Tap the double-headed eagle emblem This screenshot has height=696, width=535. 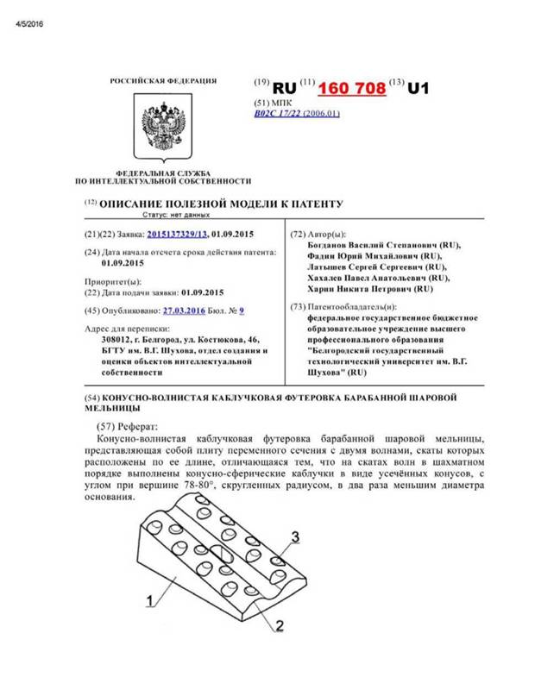coord(162,128)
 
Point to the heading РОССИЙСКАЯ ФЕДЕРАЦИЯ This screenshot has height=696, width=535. coord(163,80)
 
